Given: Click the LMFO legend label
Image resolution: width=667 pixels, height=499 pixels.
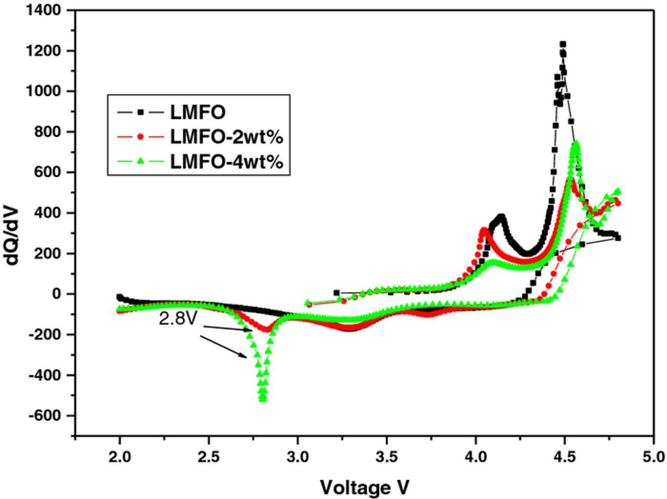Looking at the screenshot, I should (197, 112).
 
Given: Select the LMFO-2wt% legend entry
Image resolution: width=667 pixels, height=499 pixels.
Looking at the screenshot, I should (226, 137).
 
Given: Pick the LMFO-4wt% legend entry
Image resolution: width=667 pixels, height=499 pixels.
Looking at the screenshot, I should (226, 162).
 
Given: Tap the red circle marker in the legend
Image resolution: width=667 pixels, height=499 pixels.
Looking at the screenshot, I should (140, 137).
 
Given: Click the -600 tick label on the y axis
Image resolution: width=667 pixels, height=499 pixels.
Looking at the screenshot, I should (46, 416).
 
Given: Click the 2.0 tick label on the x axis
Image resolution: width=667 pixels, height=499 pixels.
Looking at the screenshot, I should (120, 457).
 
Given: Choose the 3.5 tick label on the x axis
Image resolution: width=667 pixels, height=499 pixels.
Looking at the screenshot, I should (387, 457).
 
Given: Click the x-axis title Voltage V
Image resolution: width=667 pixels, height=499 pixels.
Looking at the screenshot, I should (364, 488).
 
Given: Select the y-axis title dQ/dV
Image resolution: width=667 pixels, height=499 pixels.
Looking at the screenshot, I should (13, 235).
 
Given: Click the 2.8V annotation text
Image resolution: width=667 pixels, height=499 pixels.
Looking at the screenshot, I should (178, 319).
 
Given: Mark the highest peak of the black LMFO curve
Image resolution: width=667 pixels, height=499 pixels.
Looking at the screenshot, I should (563, 45).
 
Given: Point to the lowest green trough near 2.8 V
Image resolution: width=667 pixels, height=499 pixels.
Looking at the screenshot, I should (263, 399).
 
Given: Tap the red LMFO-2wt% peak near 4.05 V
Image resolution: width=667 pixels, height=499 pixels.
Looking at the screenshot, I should (484, 230).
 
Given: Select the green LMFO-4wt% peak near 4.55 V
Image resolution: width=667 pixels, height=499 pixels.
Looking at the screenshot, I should (576, 144).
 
